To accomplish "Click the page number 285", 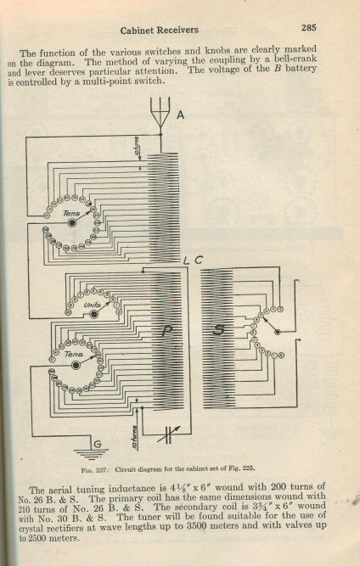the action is click(x=309, y=27).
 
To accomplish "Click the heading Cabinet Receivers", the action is click(x=160, y=31).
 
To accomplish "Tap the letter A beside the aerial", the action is click(x=181, y=115).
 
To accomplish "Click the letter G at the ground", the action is click(x=98, y=444).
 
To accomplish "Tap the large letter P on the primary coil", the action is click(x=167, y=330).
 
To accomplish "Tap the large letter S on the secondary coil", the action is click(x=218, y=329).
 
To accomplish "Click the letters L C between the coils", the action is click(x=194, y=261).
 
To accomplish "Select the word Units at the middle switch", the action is click(x=92, y=305).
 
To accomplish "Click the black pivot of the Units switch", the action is click(x=94, y=315).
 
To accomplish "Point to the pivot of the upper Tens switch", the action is click(x=73, y=222).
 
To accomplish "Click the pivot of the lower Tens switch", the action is click(x=76, y=365).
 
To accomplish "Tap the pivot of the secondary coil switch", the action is click(x=278, y=332).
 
